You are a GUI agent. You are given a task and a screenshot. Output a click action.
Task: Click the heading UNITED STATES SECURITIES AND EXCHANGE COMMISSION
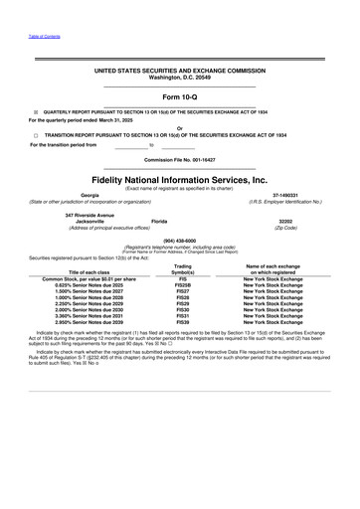(180, 73)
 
